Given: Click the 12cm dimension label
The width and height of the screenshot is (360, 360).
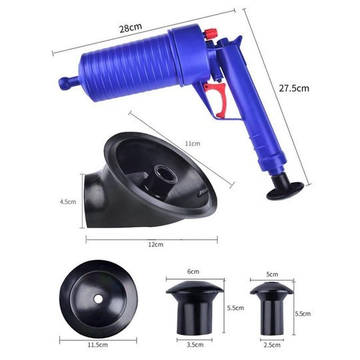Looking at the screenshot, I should [x=155, y=245].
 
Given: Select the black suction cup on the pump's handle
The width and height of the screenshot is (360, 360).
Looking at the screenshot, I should [x=285, y=188].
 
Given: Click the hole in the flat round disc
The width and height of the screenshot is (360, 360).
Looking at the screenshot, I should [x=97, y=299].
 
